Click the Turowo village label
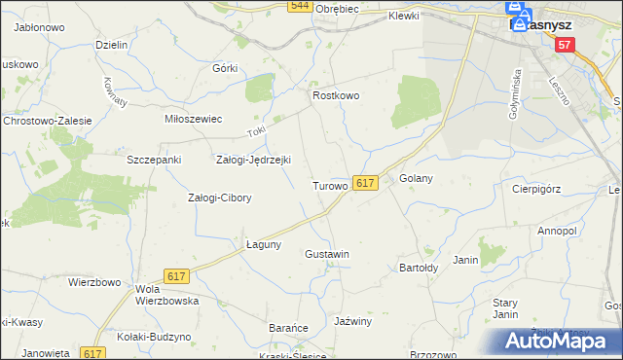[x=329, y=185]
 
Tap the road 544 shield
[x=300, y=6]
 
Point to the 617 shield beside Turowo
[x=365, y=183]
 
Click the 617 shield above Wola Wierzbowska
[x=176, y=277]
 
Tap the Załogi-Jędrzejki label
[x=253, y=160]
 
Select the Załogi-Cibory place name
[x=219, y=198]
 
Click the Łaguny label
[x=263, y=244]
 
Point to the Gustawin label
[x=327, y=254]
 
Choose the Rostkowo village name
[x=336, y=96]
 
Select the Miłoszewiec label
[x=194, y=119]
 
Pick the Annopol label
[x=557, y=232]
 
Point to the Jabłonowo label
[x=39, y=28]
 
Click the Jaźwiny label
[x=352, y=320]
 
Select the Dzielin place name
[x=113, y=46]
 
